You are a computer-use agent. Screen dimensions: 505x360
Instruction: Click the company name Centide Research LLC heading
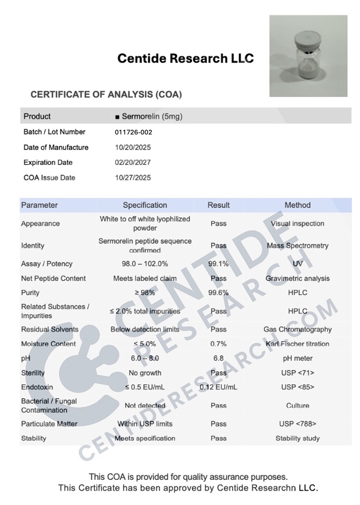(185, 59)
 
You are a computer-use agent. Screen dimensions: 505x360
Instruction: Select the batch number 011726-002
(133, 132)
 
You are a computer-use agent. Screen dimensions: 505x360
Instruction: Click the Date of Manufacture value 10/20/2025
(133, 147)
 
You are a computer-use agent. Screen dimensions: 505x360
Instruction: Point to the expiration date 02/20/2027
(133, 163)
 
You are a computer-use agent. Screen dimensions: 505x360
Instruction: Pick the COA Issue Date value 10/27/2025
(133, 178)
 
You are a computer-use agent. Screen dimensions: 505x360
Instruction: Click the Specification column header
(145, 205)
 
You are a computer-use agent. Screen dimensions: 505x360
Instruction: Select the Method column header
(297, 205)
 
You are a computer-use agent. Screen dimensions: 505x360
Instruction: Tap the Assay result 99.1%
(218, 264)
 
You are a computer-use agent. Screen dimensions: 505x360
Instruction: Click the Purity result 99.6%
(218, 293)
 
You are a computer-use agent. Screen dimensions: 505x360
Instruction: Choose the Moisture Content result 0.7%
(218, 344)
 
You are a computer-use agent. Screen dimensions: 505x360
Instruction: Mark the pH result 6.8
(218, 358)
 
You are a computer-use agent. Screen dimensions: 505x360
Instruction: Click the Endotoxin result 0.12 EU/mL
(218, 387)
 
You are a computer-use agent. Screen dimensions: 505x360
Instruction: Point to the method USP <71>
(297, 373)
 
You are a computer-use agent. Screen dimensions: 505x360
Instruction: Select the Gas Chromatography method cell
(297, 329)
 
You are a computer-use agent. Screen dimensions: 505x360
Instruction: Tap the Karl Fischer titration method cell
(297, 344)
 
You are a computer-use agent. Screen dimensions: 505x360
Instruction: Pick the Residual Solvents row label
(50, 329)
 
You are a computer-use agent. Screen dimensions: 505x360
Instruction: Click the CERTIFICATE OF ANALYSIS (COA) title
(106, 95)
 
